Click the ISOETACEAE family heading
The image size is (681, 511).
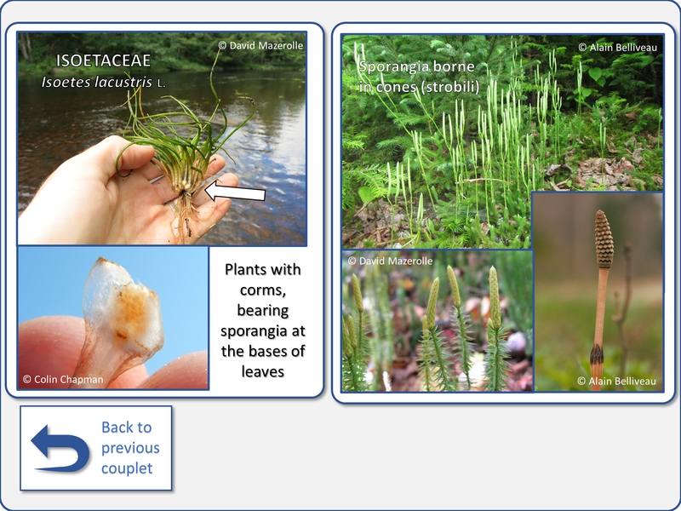point(103,60)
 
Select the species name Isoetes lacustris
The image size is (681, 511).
point(97,82)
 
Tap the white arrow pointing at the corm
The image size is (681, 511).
point(235,192)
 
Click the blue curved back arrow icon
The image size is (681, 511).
point(60,448)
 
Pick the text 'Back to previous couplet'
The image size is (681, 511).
point(130,448)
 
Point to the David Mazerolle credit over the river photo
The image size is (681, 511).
point(260,45)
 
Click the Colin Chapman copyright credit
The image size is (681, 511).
point(63,379)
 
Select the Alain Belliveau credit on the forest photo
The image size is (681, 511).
point(618,48)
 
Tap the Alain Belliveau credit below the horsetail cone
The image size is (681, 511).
point(616,381)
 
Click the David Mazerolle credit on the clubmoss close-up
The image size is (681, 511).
point(390,261)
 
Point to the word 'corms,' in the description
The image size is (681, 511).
point(263,290)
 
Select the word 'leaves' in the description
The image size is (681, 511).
point(263,371)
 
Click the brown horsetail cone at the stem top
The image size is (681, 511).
point(604,239)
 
